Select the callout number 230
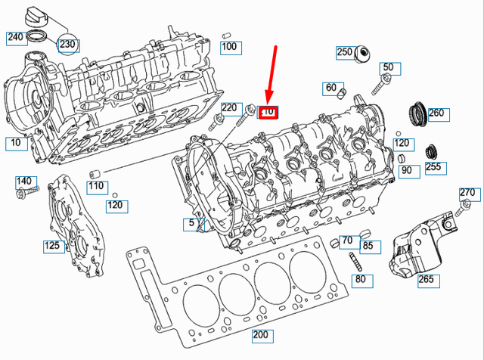click(67, 44)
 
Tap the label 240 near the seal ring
click(15, 36)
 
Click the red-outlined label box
click(268, 112)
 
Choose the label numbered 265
click(427, 280)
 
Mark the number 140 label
click(25, 182)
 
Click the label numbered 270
click(467, 193)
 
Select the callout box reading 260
click(437, 114)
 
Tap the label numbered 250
click(345, 52)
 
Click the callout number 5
click(192, 224)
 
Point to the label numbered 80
click(360, 280)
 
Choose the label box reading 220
click(229, 108)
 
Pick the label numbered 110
click(96, 186)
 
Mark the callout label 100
click(229, 48)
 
